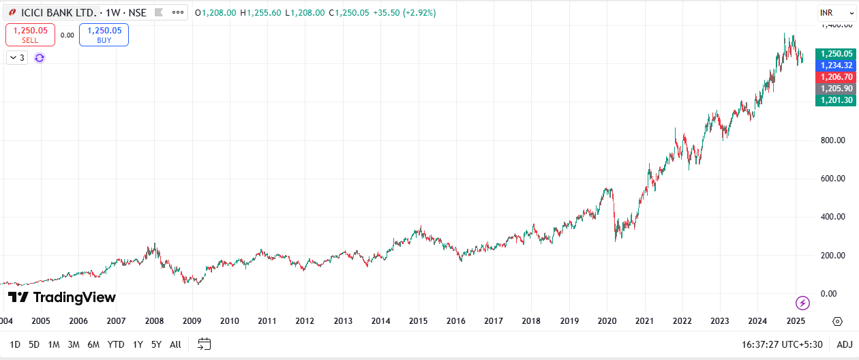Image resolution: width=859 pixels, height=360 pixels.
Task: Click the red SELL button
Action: tap(30, 35)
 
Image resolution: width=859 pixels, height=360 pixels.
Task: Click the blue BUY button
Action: tap(104, 35)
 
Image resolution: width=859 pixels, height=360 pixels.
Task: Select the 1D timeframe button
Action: tap(14, 344)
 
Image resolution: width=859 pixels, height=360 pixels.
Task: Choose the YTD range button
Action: tap(116, 344)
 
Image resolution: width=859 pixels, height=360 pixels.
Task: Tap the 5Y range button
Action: tap(156, 344)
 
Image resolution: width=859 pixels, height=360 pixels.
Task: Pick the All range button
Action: tap(175, 344)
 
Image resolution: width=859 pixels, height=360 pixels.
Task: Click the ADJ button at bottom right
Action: tap(845, 344)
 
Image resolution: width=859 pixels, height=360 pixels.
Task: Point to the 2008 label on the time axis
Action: tap(154, 320)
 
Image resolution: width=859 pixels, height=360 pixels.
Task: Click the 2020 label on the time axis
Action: tap(607, 320)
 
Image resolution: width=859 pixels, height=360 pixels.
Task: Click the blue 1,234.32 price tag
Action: tap(836, 65)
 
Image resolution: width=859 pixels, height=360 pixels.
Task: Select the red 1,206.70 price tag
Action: tap(836, 77)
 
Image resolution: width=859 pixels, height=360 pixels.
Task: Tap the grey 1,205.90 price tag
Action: tap(836, 89)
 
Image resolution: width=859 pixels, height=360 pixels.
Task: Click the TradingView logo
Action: tap(62, 297)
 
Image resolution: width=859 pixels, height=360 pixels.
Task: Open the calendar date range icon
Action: tap(205, 344)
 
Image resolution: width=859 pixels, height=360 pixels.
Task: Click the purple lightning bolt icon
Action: tap(802, 303)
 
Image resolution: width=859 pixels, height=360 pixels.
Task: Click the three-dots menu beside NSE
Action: tap(178, 13)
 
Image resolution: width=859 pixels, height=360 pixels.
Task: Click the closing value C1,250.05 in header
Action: tap(348, 13)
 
